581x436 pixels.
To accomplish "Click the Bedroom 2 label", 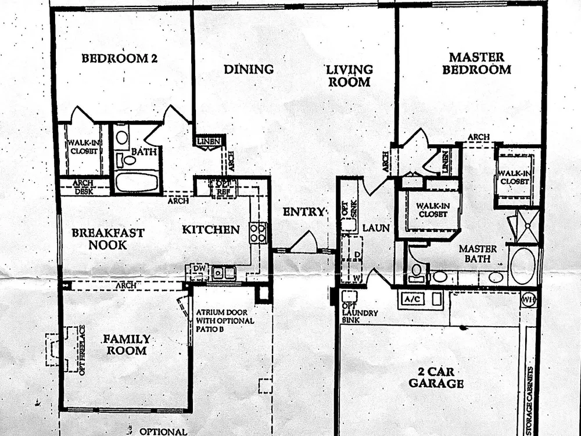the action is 119,58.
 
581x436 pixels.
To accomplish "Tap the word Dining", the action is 249,69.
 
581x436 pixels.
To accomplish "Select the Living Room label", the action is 349,76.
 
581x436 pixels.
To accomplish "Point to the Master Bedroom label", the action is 476,63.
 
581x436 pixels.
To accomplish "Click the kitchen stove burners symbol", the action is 258,233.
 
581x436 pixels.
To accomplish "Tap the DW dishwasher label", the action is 199,268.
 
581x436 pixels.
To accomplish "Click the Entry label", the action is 303,212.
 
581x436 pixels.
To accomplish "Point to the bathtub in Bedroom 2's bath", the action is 137,181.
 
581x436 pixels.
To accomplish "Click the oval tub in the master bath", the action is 522,266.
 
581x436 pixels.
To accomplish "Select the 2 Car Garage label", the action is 436,377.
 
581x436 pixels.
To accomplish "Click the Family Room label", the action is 126,344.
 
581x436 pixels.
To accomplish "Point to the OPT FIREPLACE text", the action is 83,350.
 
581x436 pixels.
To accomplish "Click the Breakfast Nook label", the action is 108,239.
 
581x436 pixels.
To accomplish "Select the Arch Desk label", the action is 84,187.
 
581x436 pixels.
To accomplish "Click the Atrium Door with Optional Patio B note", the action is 225,321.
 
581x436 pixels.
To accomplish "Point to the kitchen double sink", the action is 224,273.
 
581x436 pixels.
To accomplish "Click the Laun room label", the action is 376,228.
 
